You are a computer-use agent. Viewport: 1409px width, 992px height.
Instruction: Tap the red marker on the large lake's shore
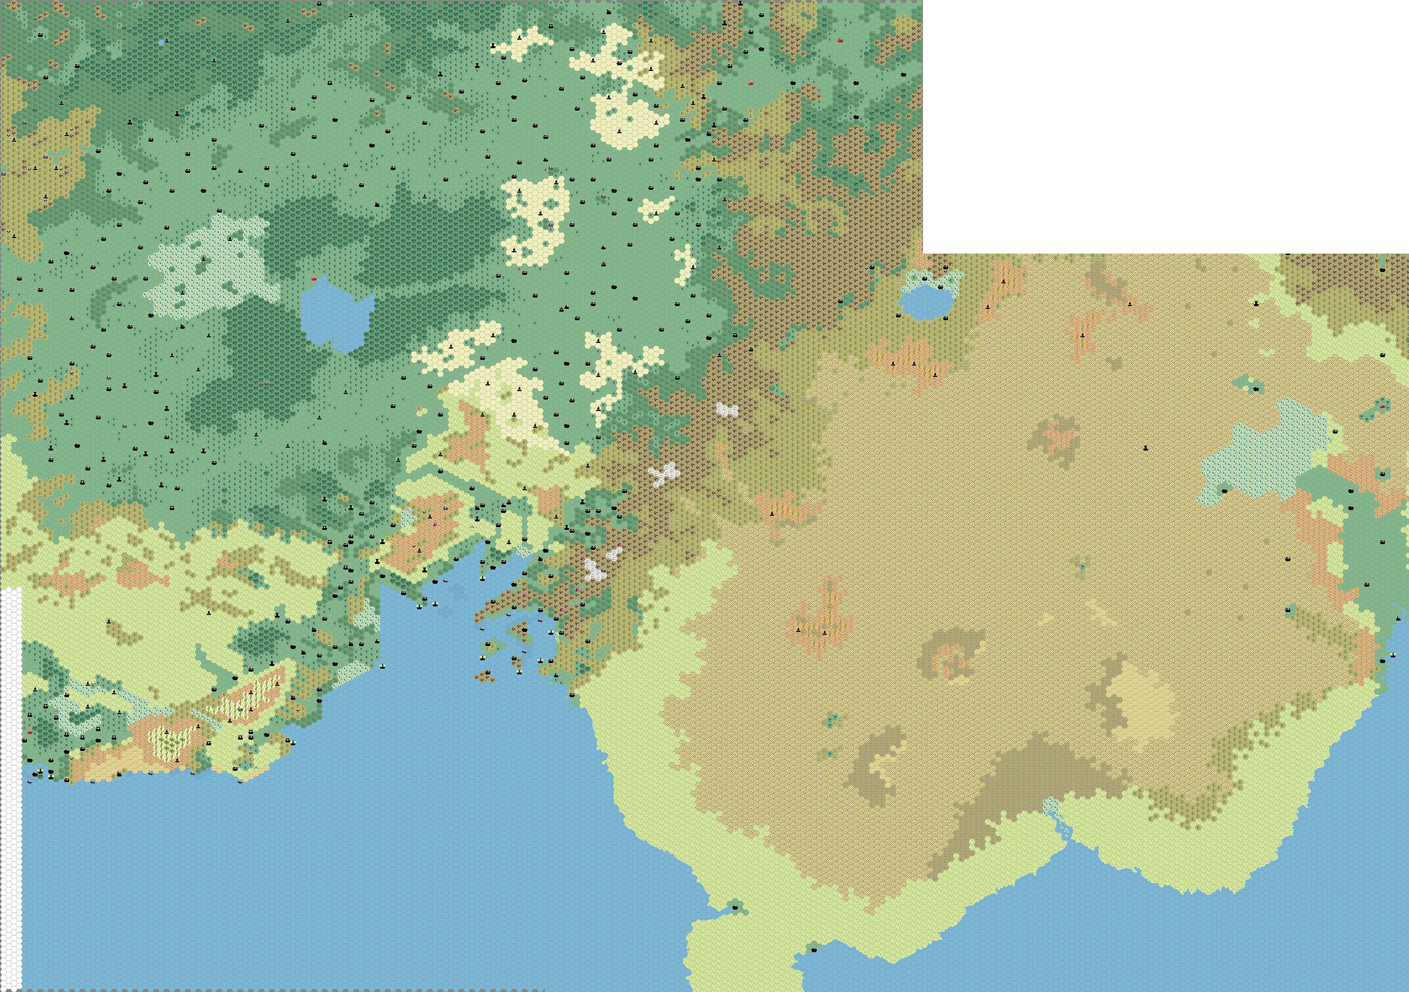pos(315,279)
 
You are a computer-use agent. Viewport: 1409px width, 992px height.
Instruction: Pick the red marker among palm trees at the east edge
pos(1383,405)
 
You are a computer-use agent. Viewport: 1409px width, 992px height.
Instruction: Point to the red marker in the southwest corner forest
pos(30,732)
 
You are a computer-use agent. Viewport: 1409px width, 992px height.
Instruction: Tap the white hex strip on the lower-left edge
pos(11,785)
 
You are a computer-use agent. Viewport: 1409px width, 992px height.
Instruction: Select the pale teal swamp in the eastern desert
pos(1264,454)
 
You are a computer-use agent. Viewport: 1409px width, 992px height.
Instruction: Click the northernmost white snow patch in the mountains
pos(727,409)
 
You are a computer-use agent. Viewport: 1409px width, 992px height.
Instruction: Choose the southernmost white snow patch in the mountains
pos(594,570)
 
